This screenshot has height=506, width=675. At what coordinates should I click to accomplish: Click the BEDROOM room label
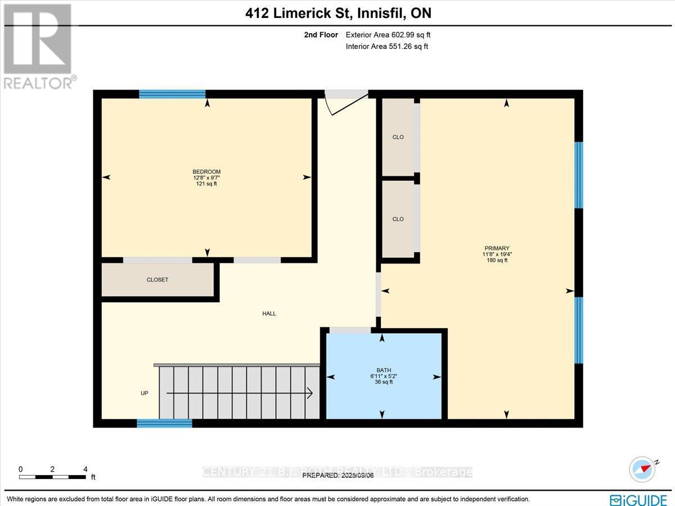click(206, 172)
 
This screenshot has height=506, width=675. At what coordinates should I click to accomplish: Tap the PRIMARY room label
click(497, 248)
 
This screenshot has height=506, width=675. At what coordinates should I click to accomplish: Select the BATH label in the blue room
click(384, 370)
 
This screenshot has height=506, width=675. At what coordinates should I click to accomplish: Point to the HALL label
click(269, 314)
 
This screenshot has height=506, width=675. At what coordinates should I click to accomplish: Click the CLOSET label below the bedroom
click(157, 280)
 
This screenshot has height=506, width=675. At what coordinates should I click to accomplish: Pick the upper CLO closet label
click(398, 137)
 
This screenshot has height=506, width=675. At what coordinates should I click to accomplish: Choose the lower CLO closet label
click(398, 219)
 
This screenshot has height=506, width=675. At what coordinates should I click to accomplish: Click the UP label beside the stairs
click(145, 393)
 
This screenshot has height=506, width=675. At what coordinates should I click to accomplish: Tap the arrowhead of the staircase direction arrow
click(310, 393)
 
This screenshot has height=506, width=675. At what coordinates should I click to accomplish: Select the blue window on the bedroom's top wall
click(172, 94)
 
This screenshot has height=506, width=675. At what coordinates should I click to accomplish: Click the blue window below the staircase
click(165, 423)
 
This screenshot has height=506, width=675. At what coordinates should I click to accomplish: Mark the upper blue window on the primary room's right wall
click(579, 174)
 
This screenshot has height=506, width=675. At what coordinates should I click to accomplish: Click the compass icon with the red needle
click(643, 469)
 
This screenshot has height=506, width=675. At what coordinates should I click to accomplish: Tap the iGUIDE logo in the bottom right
click(638, 499)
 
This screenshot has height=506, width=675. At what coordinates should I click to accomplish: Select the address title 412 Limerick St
click(338, 13)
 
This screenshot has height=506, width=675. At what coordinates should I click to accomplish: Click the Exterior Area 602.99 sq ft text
click(388, 35)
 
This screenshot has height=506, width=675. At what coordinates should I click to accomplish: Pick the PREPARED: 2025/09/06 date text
click(337, 475)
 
